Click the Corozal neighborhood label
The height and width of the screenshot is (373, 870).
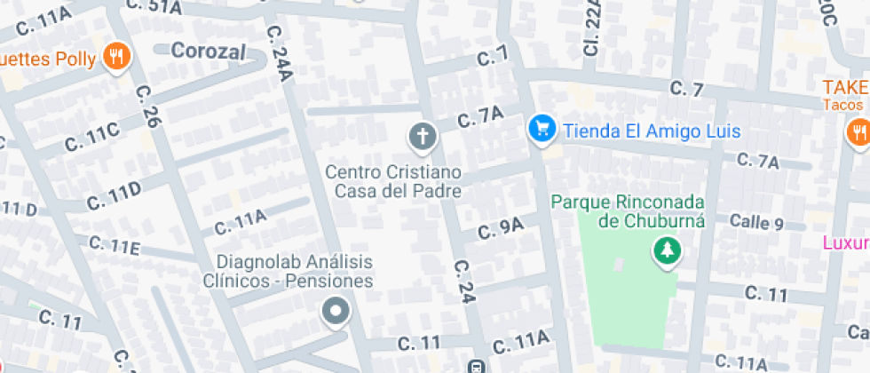208,51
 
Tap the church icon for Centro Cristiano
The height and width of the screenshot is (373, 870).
423,138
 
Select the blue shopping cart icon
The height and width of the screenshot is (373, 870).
541,130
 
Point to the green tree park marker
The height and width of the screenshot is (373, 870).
664,252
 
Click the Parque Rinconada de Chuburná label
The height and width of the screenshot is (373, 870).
628,211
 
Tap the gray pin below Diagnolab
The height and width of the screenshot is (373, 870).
336,312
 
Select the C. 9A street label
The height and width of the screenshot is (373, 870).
501,229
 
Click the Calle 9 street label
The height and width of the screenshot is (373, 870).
755,223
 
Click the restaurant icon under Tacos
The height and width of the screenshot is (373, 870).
858,132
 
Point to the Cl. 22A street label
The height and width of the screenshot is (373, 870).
592,30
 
